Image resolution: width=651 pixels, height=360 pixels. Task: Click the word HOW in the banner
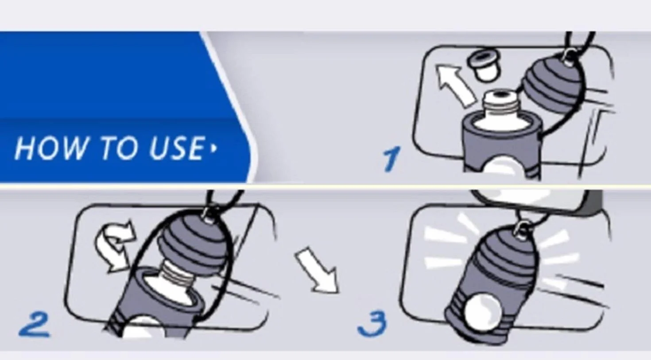(x=50, y=148)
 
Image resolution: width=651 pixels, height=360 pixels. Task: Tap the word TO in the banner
(x=118, y=148)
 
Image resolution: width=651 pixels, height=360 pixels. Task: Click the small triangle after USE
(x=214, y=148)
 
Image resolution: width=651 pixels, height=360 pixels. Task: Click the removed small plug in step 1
(x=484, y=66)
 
